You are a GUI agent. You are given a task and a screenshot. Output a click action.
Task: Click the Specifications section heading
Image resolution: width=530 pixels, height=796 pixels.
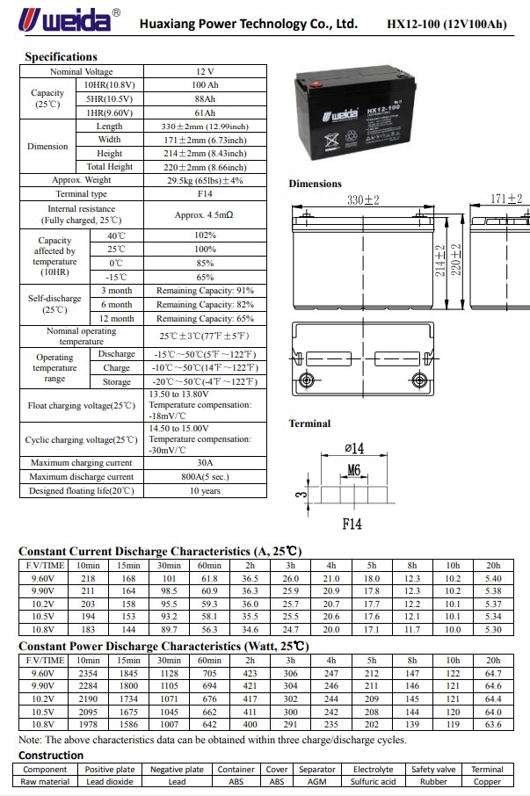pos(61,57)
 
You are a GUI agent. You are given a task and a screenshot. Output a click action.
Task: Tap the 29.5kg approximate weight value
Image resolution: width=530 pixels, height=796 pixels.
pos(205,180)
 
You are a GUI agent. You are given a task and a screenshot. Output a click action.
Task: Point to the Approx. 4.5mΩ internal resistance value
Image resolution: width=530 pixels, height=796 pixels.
pos(205,213)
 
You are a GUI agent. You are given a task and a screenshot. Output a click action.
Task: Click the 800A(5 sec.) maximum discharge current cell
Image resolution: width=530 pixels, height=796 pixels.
pos(205,477)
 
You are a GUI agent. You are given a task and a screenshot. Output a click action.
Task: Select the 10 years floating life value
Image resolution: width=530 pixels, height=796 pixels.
pos(205,491)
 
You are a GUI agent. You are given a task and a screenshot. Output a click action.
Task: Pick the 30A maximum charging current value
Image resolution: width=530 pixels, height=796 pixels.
pos(205,463)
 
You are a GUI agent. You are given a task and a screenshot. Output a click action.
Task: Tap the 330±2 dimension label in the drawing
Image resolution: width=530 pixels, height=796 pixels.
pos(362,200)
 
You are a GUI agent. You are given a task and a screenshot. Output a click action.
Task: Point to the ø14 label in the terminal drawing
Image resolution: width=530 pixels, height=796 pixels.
pos(353,449)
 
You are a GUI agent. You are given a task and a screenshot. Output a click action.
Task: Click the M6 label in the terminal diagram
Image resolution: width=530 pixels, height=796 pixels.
pos(353,471)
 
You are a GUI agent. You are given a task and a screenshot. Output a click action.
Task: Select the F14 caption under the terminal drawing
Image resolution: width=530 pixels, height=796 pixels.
pos(352,525)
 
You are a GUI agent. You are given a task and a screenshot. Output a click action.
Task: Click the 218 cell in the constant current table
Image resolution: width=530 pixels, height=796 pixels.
pos(88,579)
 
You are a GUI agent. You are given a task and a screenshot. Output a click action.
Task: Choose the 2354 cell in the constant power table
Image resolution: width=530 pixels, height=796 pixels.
pos(88,674)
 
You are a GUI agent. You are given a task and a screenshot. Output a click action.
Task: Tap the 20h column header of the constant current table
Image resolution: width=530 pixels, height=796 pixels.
pos(493,565)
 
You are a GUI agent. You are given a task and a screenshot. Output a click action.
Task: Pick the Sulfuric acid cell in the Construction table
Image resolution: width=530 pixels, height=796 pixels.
pos(373,781)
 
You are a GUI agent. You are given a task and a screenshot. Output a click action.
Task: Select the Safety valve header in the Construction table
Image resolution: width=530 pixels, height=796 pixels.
pos(433,770)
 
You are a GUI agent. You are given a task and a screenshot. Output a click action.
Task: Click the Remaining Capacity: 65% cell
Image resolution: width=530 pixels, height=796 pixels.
pos(205,319)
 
